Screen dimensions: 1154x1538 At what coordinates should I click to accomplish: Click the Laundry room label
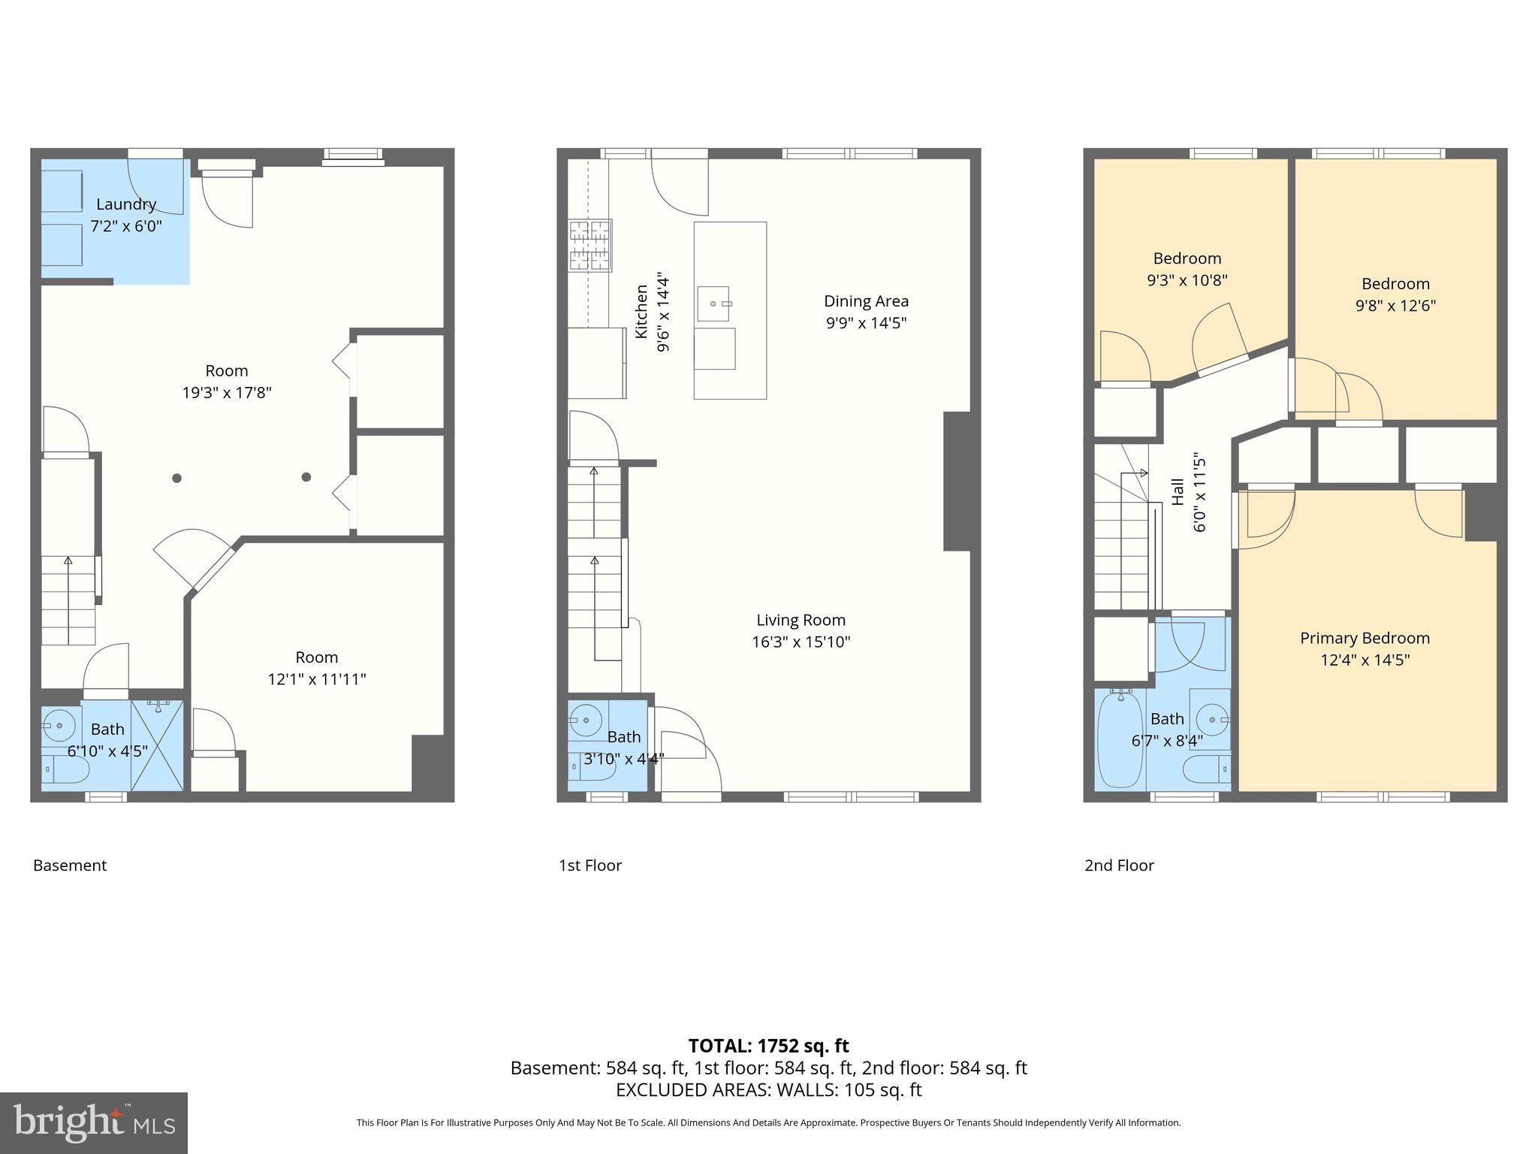pyautogui.click(x=126, y=204)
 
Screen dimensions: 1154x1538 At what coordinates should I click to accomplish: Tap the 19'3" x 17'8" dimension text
pyautogui.click(x=227, y=392)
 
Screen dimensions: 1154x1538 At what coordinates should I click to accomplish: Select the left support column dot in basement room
pyautogui.click(x=176, y=478)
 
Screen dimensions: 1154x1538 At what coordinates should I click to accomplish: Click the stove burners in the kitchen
pyautogui.click(x=590, y=245)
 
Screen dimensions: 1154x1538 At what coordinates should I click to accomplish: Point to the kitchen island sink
pyautogui.click(x=713, y=304)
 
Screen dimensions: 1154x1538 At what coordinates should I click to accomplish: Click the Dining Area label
pyautogui.click(x=866, y=301)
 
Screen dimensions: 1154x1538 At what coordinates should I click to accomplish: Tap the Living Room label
pyautogui.click(x=801, y=620)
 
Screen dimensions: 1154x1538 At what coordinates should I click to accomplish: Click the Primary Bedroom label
pyautogui.click(x=1365, y=638)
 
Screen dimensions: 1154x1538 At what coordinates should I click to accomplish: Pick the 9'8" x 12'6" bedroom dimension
pyautogui.click(x=1395, y=306)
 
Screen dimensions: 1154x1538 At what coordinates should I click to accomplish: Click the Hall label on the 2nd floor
pyautogui.click(x=1178, y=492)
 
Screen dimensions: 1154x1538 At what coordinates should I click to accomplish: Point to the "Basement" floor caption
pyautogui.click(x=70, y=865)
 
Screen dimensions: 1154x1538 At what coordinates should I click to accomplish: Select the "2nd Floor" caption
pyautogui.click(x=1119, y=865)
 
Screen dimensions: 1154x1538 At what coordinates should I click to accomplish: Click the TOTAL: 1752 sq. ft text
pyautogui.click(x=768, y=1046)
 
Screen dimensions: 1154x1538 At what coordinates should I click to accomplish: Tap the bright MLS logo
pyautogui.click(x=94, y=1122)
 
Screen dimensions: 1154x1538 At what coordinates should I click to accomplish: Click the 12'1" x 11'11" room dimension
pyautogui.click(x=316, y=679)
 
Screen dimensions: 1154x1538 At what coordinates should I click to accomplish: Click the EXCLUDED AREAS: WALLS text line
pyautogui.click(x=768, y=1089)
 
